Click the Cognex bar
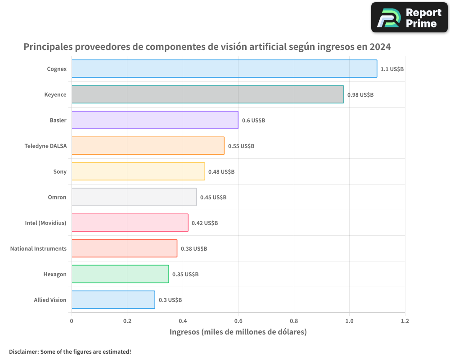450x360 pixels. click(224, 69)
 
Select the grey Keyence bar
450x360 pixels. click(207, 94)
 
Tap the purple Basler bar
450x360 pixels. click(155, 120)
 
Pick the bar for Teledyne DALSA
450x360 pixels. click(148, 146)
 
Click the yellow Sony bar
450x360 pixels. click(138, 171)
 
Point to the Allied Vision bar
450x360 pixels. click(113, 300)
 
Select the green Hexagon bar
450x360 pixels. click(120, 274)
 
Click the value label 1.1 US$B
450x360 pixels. click(392, 69)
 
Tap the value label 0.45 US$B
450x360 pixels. click(213, 198)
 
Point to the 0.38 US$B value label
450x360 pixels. click(194, 249)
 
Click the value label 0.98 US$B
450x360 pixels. click(360, 95)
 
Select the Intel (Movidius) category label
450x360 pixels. click(45, 223)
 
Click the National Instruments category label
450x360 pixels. click(38, 248)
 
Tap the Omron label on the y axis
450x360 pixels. click(57, 197)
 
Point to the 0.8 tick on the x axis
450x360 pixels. click(294, 321)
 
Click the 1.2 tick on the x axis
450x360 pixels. click(405, 321)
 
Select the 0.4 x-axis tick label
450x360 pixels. click(183, 321)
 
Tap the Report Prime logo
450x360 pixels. click(409, 18)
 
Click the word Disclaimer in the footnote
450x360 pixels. click(23, 351)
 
